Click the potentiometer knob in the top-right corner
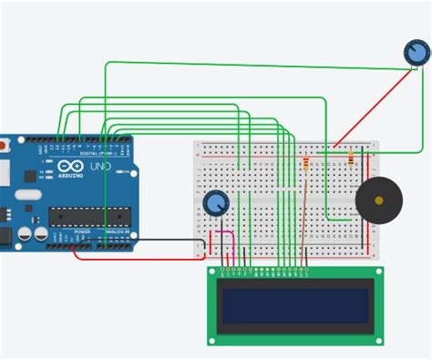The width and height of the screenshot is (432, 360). point(416,55)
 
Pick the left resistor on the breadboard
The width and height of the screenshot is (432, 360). point(304,164)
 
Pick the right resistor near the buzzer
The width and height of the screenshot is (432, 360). point(352,161)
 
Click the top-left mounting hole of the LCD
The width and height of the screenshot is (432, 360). point(214,273)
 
